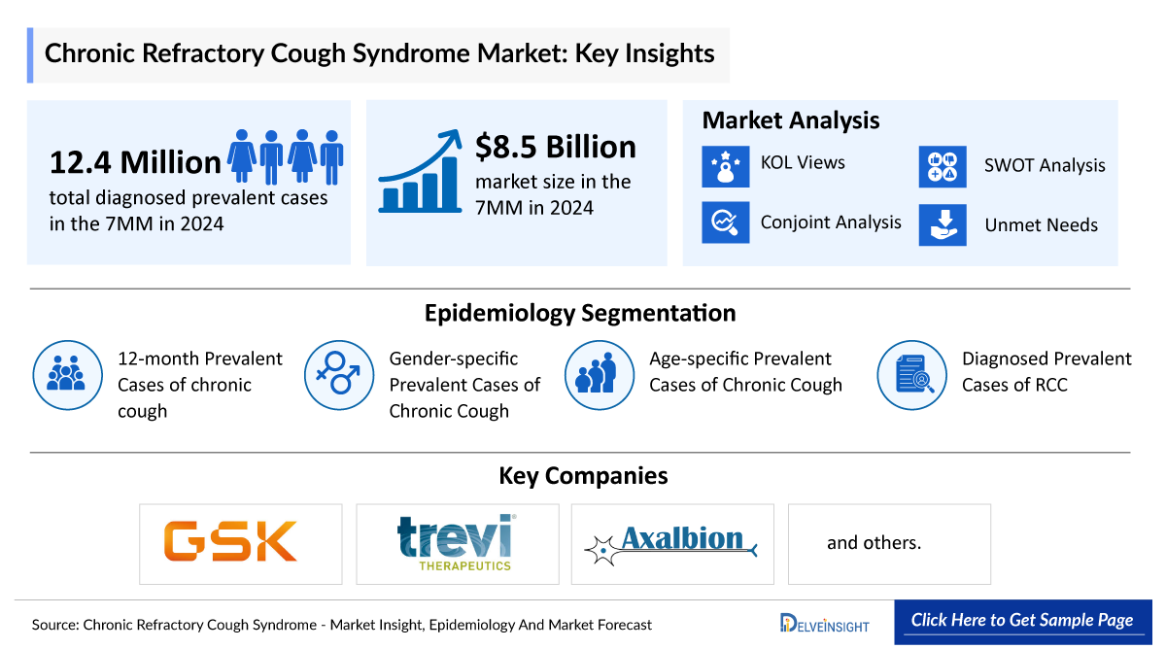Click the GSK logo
[230, 542]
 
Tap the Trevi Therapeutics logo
[457, 542]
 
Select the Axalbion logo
[672, 543]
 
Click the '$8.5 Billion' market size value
[555, 147]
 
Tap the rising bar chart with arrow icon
[420, 172]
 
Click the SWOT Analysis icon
[943, 166]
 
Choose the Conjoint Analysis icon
[725, 222]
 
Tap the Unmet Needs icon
[943, 224]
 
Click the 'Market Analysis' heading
[790, 120]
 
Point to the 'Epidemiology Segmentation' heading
[580, 313]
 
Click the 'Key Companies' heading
[583, 475]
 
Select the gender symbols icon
[339, 374]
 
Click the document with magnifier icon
[911, 374]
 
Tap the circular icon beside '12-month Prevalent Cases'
[67, 374]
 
